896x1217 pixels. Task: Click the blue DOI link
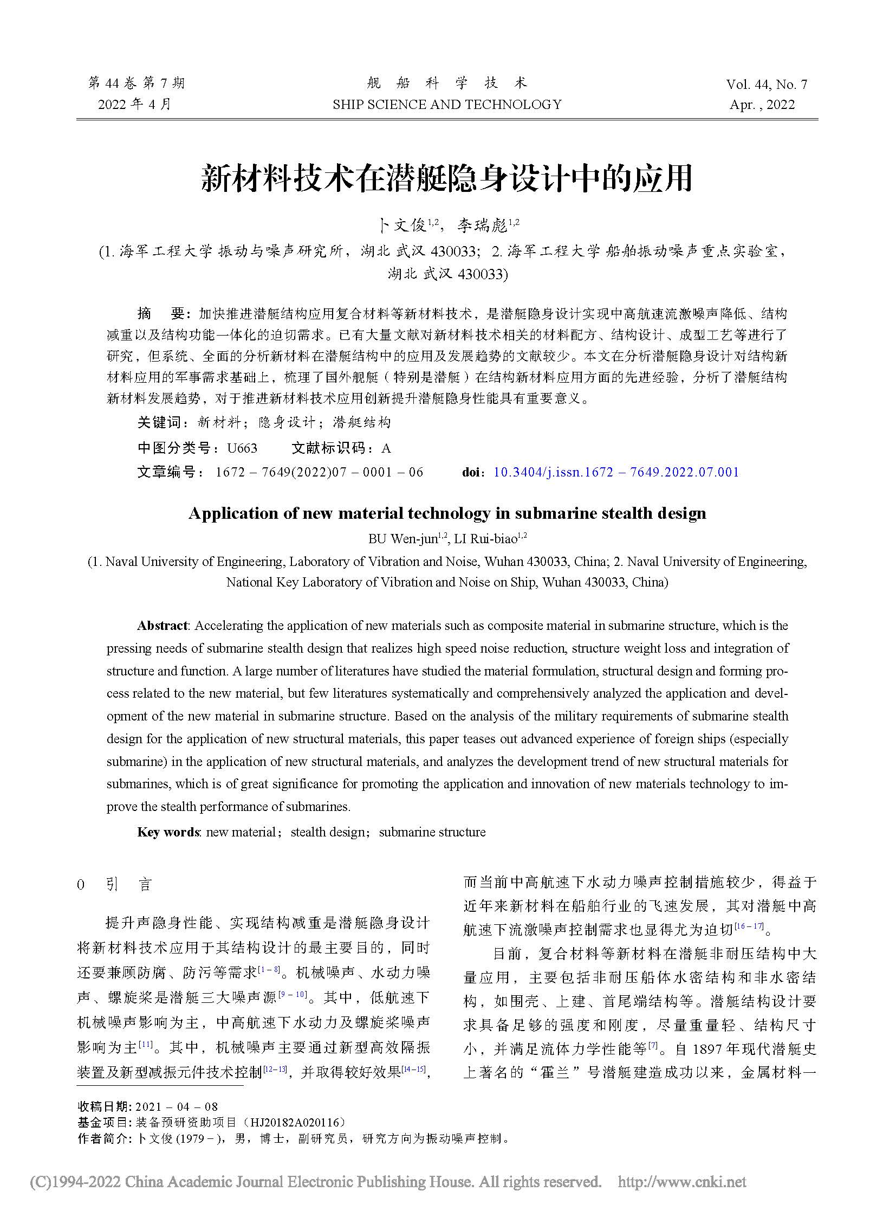tap(616, 472)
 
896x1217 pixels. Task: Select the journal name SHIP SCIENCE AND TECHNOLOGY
tap(447, 104)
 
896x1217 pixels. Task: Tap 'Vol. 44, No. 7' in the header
tap(767, 84)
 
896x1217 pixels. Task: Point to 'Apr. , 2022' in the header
tap(762, 105)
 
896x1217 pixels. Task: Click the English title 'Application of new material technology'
tap(447, 513)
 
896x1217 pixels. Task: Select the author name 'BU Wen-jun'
tap(402, 538)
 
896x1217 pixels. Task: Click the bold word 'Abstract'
tap(162, 626)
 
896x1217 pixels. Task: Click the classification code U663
tap(242, 448)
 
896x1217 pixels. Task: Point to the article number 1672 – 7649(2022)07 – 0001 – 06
tap(319, 472)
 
